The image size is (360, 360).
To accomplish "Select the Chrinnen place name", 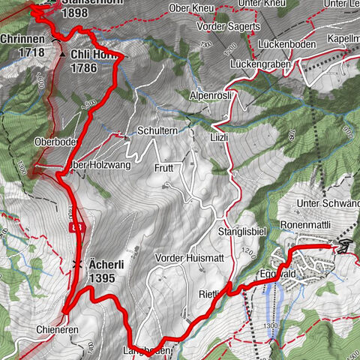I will [x=22, y=39].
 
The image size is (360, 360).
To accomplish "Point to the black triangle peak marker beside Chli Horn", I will [x=63, y=55].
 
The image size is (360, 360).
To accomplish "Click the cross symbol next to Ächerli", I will [x=76, y=264].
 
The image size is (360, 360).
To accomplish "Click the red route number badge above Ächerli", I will [x=75, y=226].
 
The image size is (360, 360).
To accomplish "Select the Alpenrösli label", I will [x=212, y=97].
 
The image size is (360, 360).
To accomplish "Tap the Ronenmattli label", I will [x=306, y=223].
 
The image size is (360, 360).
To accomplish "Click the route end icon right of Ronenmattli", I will [x=344, y=246].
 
